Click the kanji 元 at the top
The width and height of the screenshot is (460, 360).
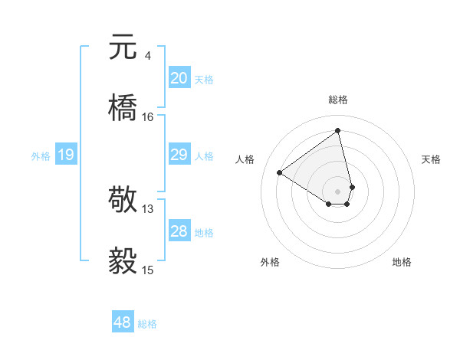(x=123, y=47)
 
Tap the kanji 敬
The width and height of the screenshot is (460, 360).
(x=123, y=198)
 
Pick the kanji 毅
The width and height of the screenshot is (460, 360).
(x=123, y=260)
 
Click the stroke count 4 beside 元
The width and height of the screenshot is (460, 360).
(x=147, y=56)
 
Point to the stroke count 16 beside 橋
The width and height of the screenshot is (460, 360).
(x=148, y=117)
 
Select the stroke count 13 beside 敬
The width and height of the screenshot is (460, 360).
(x=148, y=208)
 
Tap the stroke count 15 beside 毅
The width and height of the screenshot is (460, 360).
(x=148, y=270)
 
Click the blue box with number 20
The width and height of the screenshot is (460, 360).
(x=179, y=78)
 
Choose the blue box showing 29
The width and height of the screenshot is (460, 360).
(x=179, y=155)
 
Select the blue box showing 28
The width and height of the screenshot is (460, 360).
(x=179, y=231)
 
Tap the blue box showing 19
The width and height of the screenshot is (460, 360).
(x=65, y=155)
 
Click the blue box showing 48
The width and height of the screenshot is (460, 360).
(x=122, y=322)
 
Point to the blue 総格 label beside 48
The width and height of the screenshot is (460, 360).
(x=147, y=324)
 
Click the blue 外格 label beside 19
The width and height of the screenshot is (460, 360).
(x=41, y=156)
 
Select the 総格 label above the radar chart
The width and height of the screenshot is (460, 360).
(x=338, y=100)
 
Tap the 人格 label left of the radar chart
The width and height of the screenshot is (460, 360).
(x=245, y=159)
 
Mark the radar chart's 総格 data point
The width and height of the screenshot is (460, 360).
(x=338, y=131)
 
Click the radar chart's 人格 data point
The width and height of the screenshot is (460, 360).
(x=280, y=173)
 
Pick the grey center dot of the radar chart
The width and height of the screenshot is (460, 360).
(x=338, y=191)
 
